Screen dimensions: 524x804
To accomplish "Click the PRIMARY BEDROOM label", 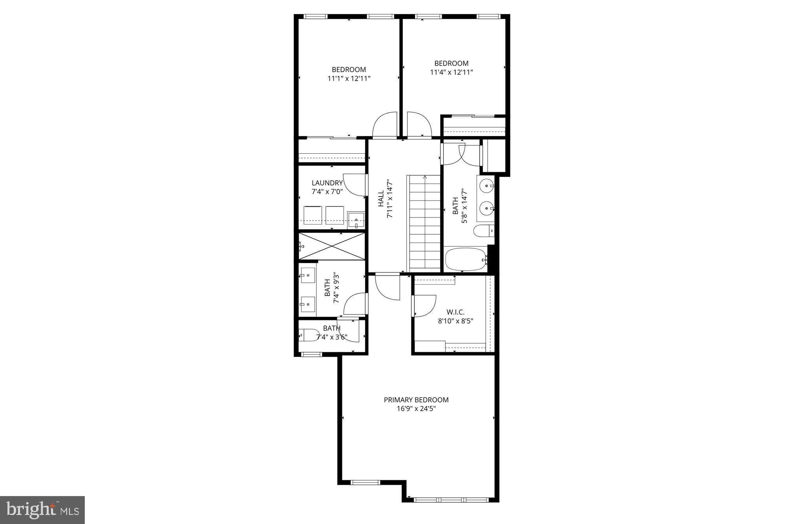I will click(416, 400).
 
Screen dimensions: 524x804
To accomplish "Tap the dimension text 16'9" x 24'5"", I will click(416, 409).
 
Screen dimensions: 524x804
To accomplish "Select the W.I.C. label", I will click(455, 312).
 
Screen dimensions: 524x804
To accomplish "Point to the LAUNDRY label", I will click(327, 183).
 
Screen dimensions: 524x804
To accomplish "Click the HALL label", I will click(381, 199).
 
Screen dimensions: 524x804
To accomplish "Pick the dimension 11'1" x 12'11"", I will click(349, 79).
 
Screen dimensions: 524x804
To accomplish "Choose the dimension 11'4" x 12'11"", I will click(451, 72).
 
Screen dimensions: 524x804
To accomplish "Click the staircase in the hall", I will click(425, 222).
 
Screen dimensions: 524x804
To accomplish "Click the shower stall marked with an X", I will click(332, 246).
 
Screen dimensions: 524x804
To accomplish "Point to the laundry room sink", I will click(356, 220).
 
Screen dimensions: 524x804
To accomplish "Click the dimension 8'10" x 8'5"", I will click(455, 321).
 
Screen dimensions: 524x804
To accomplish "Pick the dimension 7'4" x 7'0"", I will click(327, 192).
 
